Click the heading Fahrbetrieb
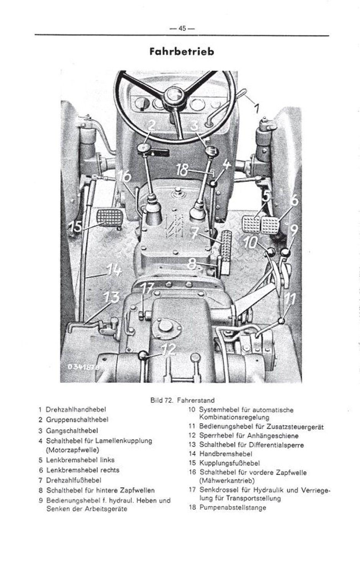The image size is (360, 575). point(181,51)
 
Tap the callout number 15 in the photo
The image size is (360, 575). point(74,227)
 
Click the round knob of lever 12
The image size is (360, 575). point(143,355)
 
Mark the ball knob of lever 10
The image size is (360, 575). point(271,253)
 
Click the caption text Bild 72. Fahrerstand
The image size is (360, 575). point(182,401)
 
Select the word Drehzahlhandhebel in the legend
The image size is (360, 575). point(76,410)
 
